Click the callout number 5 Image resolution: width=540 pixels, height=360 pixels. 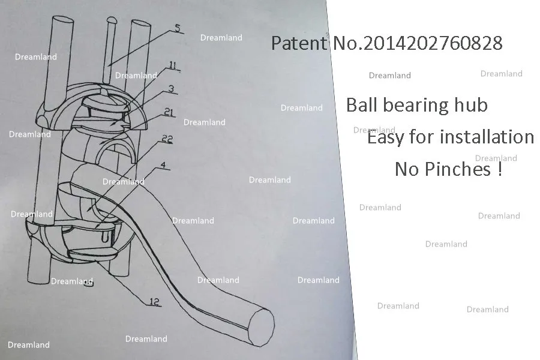[177, 28]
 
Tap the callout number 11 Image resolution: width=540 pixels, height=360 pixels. [172, 65]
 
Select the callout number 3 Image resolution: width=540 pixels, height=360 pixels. [171, 88]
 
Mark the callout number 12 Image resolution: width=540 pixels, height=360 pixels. [154, 302]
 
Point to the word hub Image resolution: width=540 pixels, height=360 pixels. [472, 106]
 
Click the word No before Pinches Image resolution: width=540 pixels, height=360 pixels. [407, 169]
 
